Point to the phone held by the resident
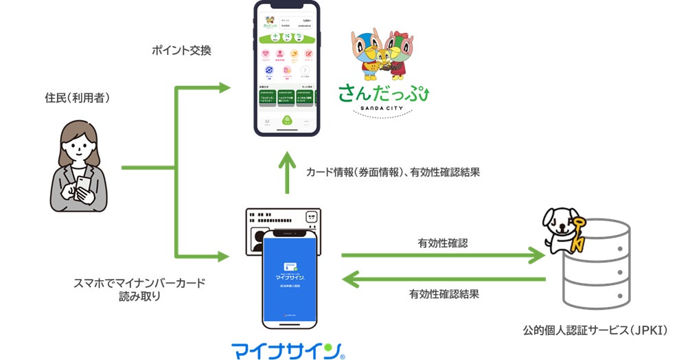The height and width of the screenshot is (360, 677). click(83, 184)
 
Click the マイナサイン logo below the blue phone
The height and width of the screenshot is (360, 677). click(288, 349)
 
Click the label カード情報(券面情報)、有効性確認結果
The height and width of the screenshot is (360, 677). click(393, 172)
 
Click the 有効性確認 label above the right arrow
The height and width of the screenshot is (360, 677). click(444, 243)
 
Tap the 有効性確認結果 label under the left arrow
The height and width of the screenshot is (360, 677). click(444, 295)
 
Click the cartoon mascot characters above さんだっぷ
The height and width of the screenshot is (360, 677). click(382, 54)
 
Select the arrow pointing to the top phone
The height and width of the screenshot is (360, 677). click(206, 87)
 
